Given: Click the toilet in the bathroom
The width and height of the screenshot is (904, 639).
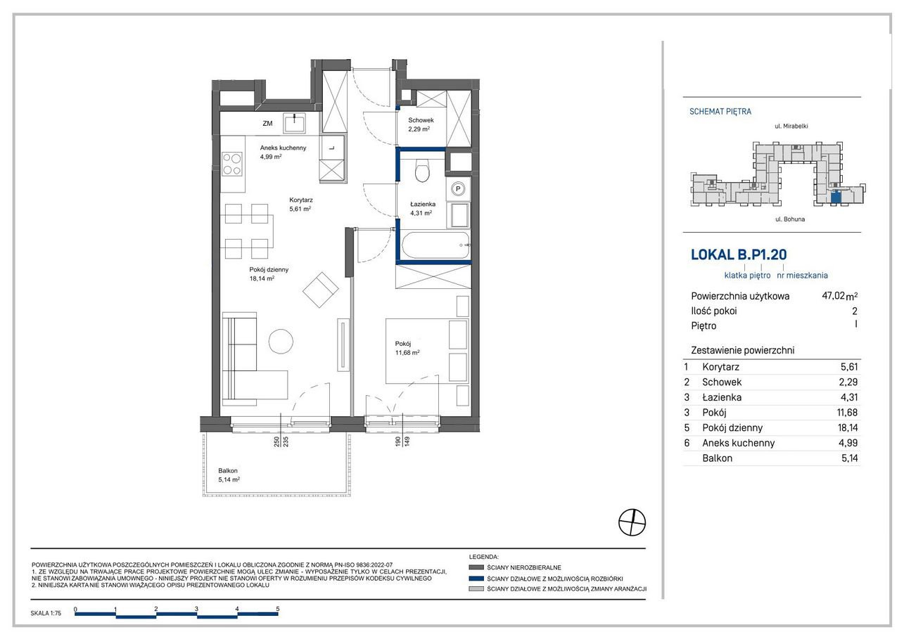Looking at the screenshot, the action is coord(422,170).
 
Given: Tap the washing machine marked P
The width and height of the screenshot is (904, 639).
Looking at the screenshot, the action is coord(458,188).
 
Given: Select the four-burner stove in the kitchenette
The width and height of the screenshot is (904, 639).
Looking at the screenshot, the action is coord(232,164).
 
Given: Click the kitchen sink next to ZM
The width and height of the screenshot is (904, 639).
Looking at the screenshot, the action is coord(294,122).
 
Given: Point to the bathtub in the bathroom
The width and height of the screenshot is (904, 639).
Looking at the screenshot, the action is coord(436,245).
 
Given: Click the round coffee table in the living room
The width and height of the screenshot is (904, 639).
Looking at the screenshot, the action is coord(281,342).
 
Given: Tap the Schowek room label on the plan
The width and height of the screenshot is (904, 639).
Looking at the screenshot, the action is coord(421,120).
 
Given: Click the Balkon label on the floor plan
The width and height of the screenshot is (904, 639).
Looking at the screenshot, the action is coord(228,470).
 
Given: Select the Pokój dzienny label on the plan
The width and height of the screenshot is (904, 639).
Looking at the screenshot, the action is coord(269,270).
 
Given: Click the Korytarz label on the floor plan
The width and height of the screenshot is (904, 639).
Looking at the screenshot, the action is coord(301,200).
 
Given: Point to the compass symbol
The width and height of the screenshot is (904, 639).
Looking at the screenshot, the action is coord(632,522).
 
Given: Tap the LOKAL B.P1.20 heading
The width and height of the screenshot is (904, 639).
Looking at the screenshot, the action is coord(739,254).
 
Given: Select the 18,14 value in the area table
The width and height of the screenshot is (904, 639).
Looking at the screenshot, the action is coord(848,427).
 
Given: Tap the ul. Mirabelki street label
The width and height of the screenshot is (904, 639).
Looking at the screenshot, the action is coord(791,127).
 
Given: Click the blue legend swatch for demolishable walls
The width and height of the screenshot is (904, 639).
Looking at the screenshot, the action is coord(476,579).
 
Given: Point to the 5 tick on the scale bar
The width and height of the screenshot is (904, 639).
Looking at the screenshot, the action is coord(278,609).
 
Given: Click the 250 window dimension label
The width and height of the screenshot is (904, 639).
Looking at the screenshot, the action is coord(276,442).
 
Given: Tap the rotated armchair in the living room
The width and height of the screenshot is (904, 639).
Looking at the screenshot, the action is coord(320,290).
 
